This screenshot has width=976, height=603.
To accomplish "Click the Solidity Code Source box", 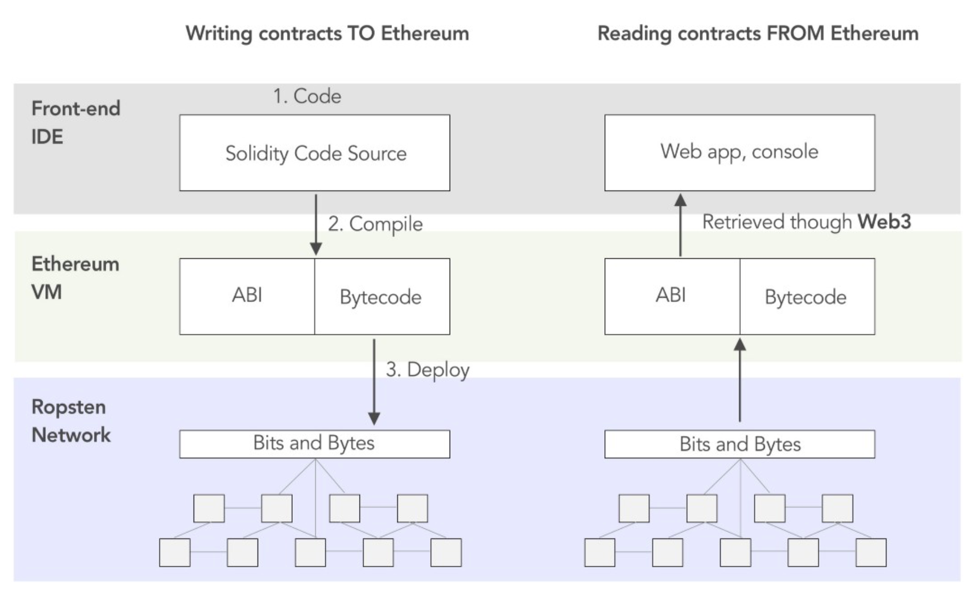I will [315, 153].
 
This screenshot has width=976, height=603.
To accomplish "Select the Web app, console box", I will [739, 152].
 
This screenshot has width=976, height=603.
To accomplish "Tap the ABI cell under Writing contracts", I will [247, 296].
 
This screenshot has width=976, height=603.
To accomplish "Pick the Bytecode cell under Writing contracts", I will [381, 297].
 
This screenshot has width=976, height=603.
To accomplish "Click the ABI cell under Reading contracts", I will [671, 296].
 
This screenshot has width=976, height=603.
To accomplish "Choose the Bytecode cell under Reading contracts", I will [806, 297].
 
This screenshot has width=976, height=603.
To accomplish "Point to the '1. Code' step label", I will [307, 96].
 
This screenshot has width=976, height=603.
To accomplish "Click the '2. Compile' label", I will [375, 224].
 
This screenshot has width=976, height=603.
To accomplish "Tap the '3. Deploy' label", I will [427, 369].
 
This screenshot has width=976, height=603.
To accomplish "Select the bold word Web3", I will [884, 221].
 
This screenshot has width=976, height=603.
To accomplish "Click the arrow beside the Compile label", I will [316, 224].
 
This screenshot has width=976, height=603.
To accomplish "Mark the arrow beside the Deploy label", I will [374, 382].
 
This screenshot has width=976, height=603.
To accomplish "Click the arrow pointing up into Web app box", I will [680, 224].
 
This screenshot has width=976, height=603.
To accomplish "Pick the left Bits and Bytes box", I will [315, 443].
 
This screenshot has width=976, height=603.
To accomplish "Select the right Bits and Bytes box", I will [739, 444].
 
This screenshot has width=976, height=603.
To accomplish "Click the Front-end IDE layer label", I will [75, 122].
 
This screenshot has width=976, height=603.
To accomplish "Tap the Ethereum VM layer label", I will [75, 277].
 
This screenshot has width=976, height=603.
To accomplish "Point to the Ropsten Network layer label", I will [70, 420].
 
